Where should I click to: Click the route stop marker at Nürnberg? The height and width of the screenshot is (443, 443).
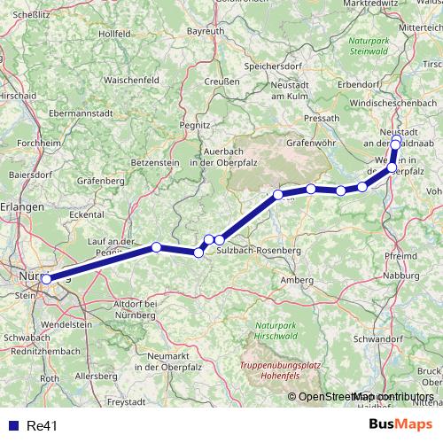tap(46, 279)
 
